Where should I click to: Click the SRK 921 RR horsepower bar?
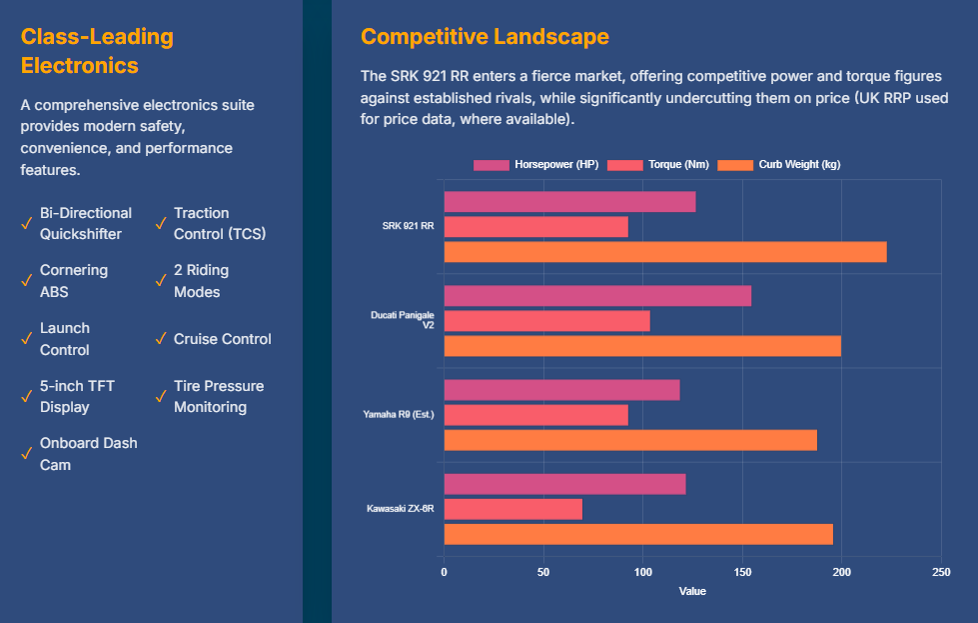tap(569, 202)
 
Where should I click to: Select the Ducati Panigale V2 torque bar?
tap(546, 321)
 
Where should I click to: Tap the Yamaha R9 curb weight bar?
tap(630, 440)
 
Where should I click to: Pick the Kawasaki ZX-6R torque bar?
tap(512, 509)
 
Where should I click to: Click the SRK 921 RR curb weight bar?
tap(665, 252)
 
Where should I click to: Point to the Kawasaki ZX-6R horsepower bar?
tap(564, 484)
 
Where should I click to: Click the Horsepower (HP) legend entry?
tap(536, 165)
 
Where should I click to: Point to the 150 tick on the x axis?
tap(742, 572)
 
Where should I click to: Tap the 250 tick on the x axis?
tap(940, 572)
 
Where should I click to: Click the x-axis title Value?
tap(692, 591)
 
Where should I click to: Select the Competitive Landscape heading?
tap(485, 37)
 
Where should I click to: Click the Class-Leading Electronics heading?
tap(97, 52)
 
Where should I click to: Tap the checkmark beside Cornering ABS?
tap(27, 281)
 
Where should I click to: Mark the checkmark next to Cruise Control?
tap(161, 339)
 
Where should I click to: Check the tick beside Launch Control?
tap(27, 339)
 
